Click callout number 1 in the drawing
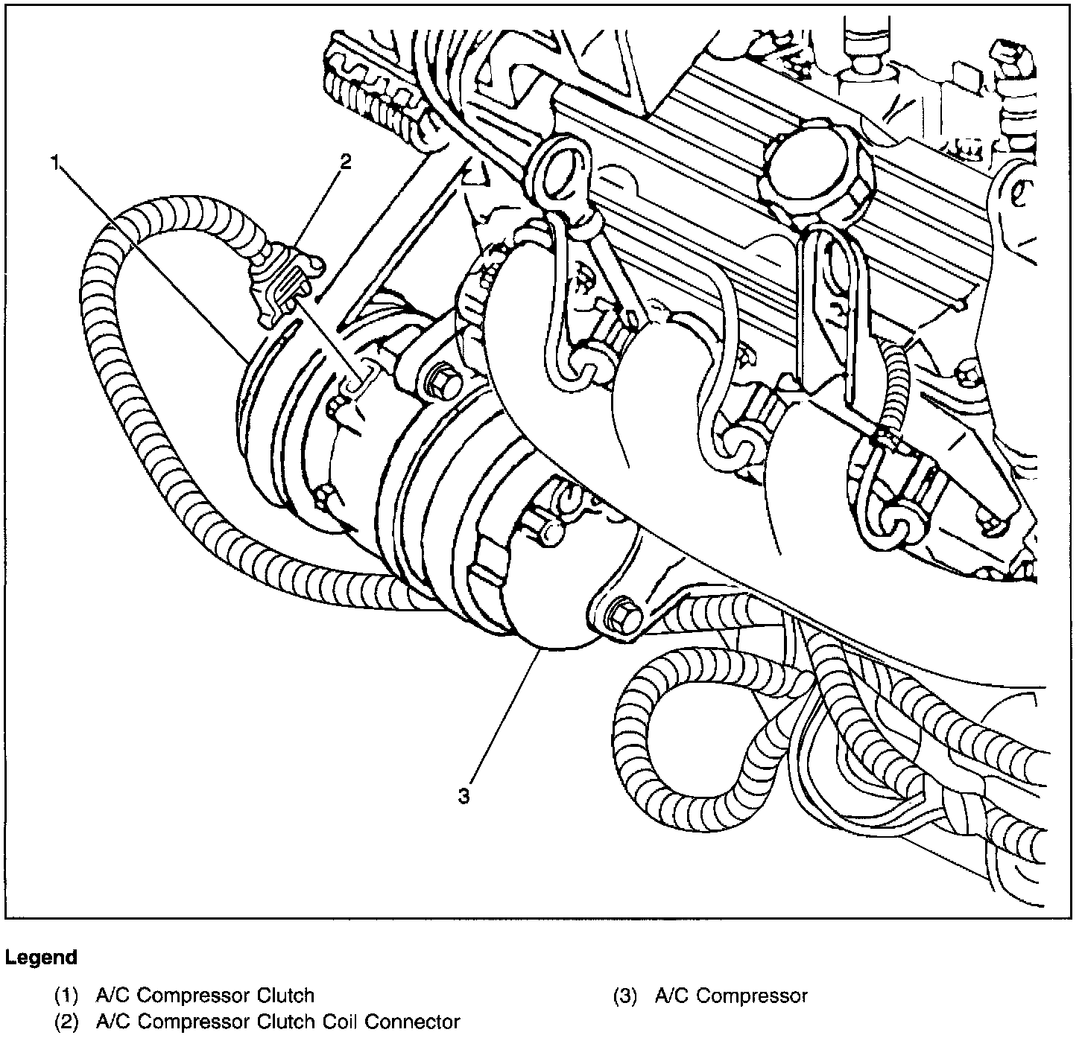[54, 162]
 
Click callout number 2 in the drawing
[345, 162]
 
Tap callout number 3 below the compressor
[464, 797]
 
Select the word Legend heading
[41, 957]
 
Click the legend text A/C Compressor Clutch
[205, 996]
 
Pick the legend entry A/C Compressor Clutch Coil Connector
[278, 1022]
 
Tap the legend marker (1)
[66, 996]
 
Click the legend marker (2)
[66, 1022]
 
